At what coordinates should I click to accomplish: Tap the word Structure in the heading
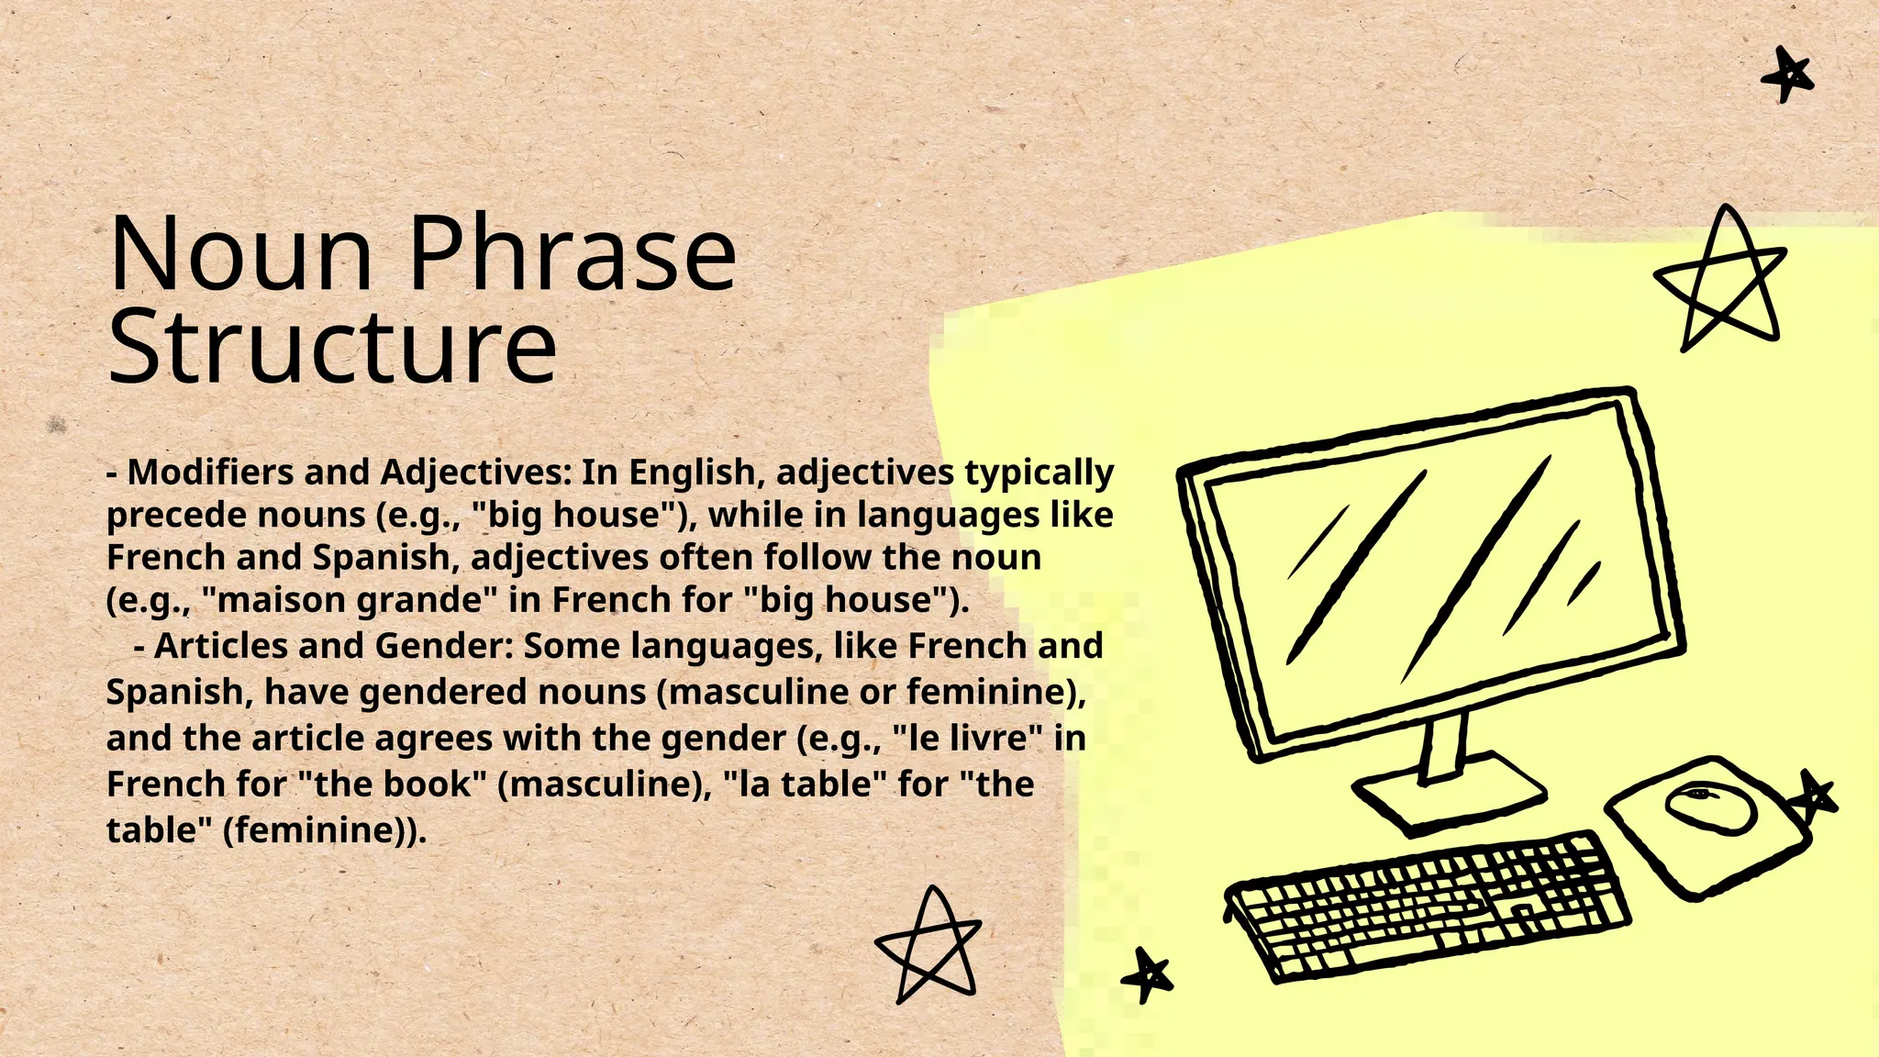332,349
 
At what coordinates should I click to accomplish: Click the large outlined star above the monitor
1721,280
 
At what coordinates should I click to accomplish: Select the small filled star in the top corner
1787,75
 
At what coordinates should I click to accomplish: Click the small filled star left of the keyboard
1147,974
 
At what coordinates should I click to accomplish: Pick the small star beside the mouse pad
1816,796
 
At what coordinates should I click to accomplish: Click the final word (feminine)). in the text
325,830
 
